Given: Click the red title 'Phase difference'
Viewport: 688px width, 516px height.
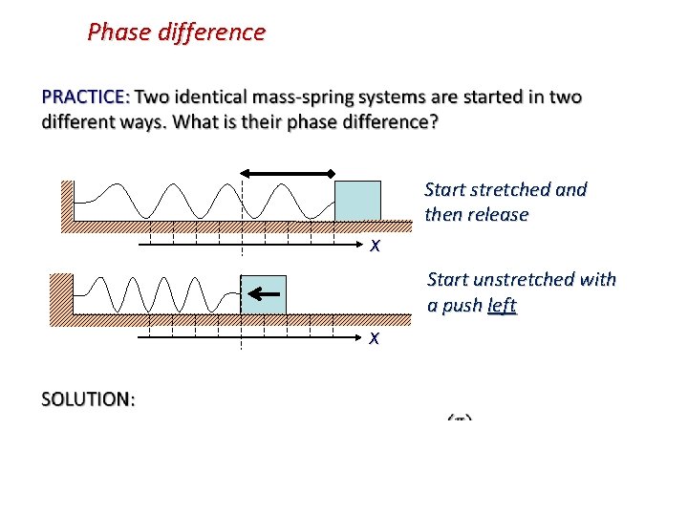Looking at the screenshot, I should click(176, 32).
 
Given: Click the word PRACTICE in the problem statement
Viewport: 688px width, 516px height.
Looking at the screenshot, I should click(84, 97).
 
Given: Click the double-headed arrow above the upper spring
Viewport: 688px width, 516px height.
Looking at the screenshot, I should click(287, 173).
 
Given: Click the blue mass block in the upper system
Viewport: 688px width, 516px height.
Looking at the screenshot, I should click(357, 202).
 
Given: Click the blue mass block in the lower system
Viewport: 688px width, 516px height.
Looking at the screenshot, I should click(264, 294).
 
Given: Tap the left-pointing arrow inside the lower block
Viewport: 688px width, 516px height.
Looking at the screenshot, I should click(263, 294).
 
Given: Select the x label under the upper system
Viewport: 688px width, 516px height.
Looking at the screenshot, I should click(376, 246).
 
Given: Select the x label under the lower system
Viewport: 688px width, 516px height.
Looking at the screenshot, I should click(375, 338).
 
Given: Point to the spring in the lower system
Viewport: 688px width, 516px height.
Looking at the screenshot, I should click(158, 293).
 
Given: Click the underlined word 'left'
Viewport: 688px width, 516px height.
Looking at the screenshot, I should click(502, 305).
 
